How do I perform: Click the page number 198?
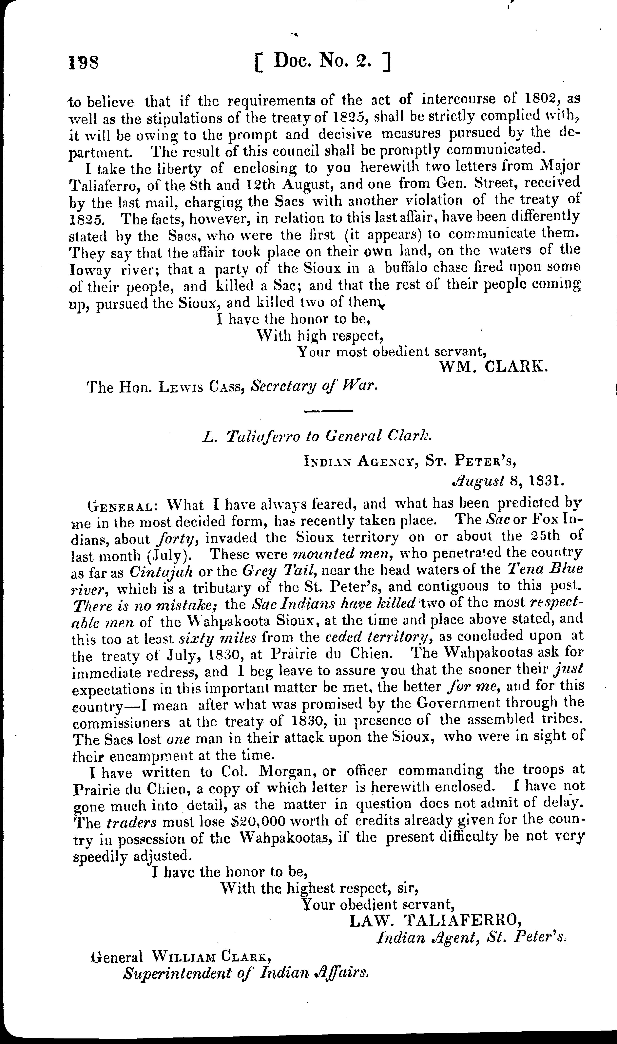coord(84,62)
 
